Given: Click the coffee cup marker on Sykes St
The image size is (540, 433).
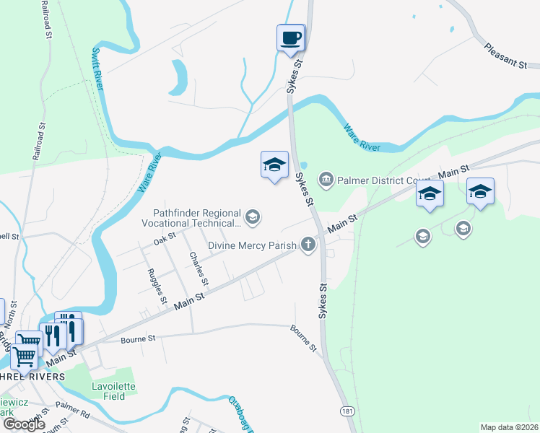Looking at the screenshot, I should [x=291, y=38].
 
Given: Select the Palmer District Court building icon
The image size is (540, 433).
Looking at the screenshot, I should [x=326, y=178].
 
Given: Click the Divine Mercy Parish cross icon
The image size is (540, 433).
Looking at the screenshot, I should [x=308, y=245].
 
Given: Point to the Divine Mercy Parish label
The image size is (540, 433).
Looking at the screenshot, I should [x=252, y=245].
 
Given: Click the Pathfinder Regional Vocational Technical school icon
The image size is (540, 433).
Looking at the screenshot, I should [x=253, y=216].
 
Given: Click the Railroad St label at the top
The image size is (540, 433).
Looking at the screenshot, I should [x=47, y=19].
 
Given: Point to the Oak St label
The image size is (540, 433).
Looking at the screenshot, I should [x=165, y=237].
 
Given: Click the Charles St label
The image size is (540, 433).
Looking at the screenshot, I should [x=199, y=268].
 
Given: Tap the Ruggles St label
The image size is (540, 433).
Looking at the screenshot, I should [x=157, y=286].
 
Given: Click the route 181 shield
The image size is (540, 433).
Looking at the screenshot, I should [x=348, y=411].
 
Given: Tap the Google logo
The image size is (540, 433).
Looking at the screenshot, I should [x=25, y=424].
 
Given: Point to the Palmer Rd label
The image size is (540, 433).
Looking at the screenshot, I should [x=73, y=412].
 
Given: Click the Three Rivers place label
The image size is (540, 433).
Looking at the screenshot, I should [x=32, y=376].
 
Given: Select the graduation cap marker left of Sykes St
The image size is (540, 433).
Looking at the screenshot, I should [x=274, y=165].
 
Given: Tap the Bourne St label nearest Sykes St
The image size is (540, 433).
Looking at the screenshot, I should [x=304, y=338].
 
